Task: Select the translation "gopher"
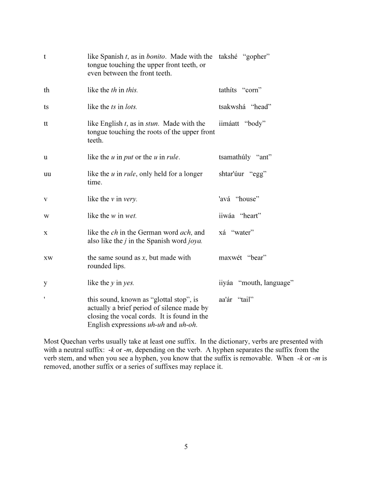[257, 56]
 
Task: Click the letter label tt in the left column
[46, 123]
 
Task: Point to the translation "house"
[247, 199]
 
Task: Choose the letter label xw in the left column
[48, 258]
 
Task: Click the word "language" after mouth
[278, 283]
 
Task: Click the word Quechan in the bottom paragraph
[73, 342]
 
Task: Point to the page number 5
[186, 447]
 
